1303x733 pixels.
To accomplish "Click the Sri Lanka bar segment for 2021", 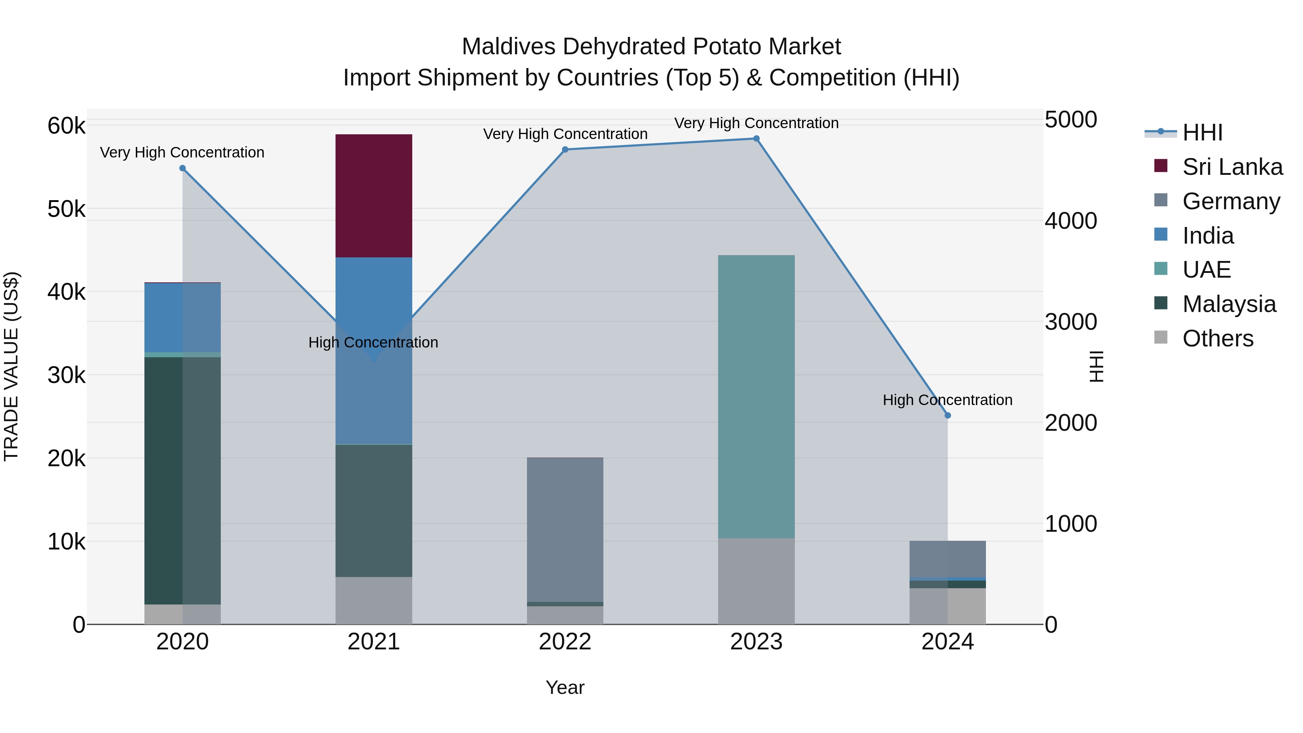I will coord(374,196).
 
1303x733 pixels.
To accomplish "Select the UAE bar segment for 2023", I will coord(756,397).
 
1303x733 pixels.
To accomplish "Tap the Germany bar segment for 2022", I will coord(565,529).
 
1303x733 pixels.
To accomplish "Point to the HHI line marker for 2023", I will coord(756,139).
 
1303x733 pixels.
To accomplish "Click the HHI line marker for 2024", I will coord(948,415).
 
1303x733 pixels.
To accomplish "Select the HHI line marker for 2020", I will coord(183,168).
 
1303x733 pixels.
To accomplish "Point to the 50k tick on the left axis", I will coord(66,209).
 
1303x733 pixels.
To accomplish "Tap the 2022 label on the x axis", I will coord(565,641).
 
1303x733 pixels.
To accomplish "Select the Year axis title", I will coord(565,687).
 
